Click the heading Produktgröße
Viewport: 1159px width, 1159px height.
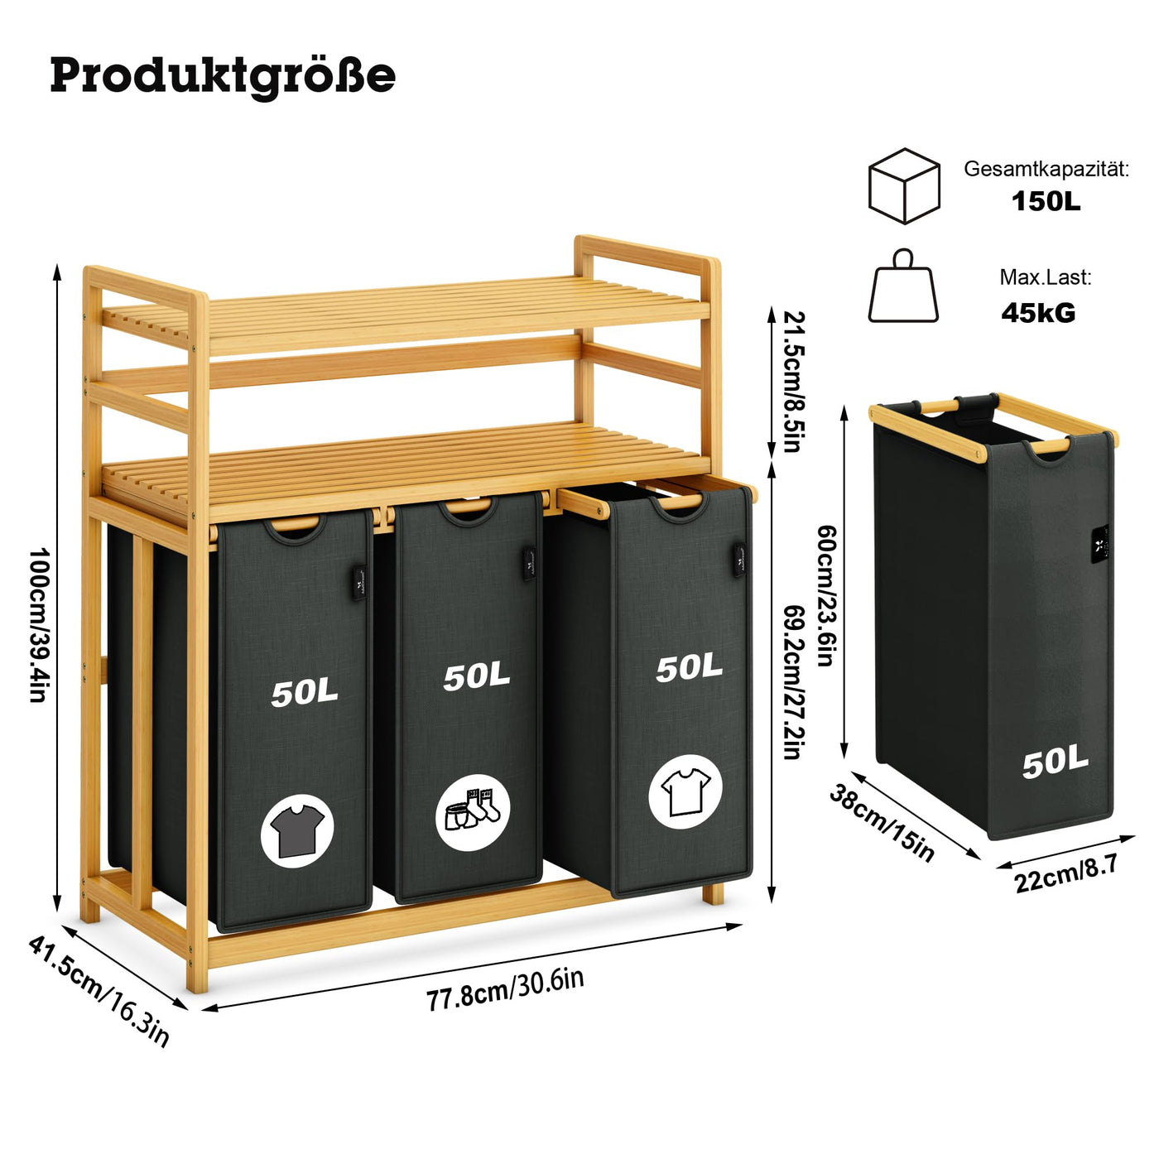pos(223,75)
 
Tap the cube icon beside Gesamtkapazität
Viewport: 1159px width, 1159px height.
pos(904,185)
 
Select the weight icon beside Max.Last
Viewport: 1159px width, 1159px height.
pos(903,287)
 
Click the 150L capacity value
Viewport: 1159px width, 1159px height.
pos(1046,201)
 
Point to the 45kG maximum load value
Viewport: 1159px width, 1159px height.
pos(1038,312)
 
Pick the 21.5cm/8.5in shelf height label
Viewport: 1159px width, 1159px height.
pos(794,381)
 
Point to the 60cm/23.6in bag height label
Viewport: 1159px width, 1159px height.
pos(825,595)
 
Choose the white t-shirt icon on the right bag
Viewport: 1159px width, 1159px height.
pos(685,791)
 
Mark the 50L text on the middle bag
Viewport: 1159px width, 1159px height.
pos(476,676)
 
